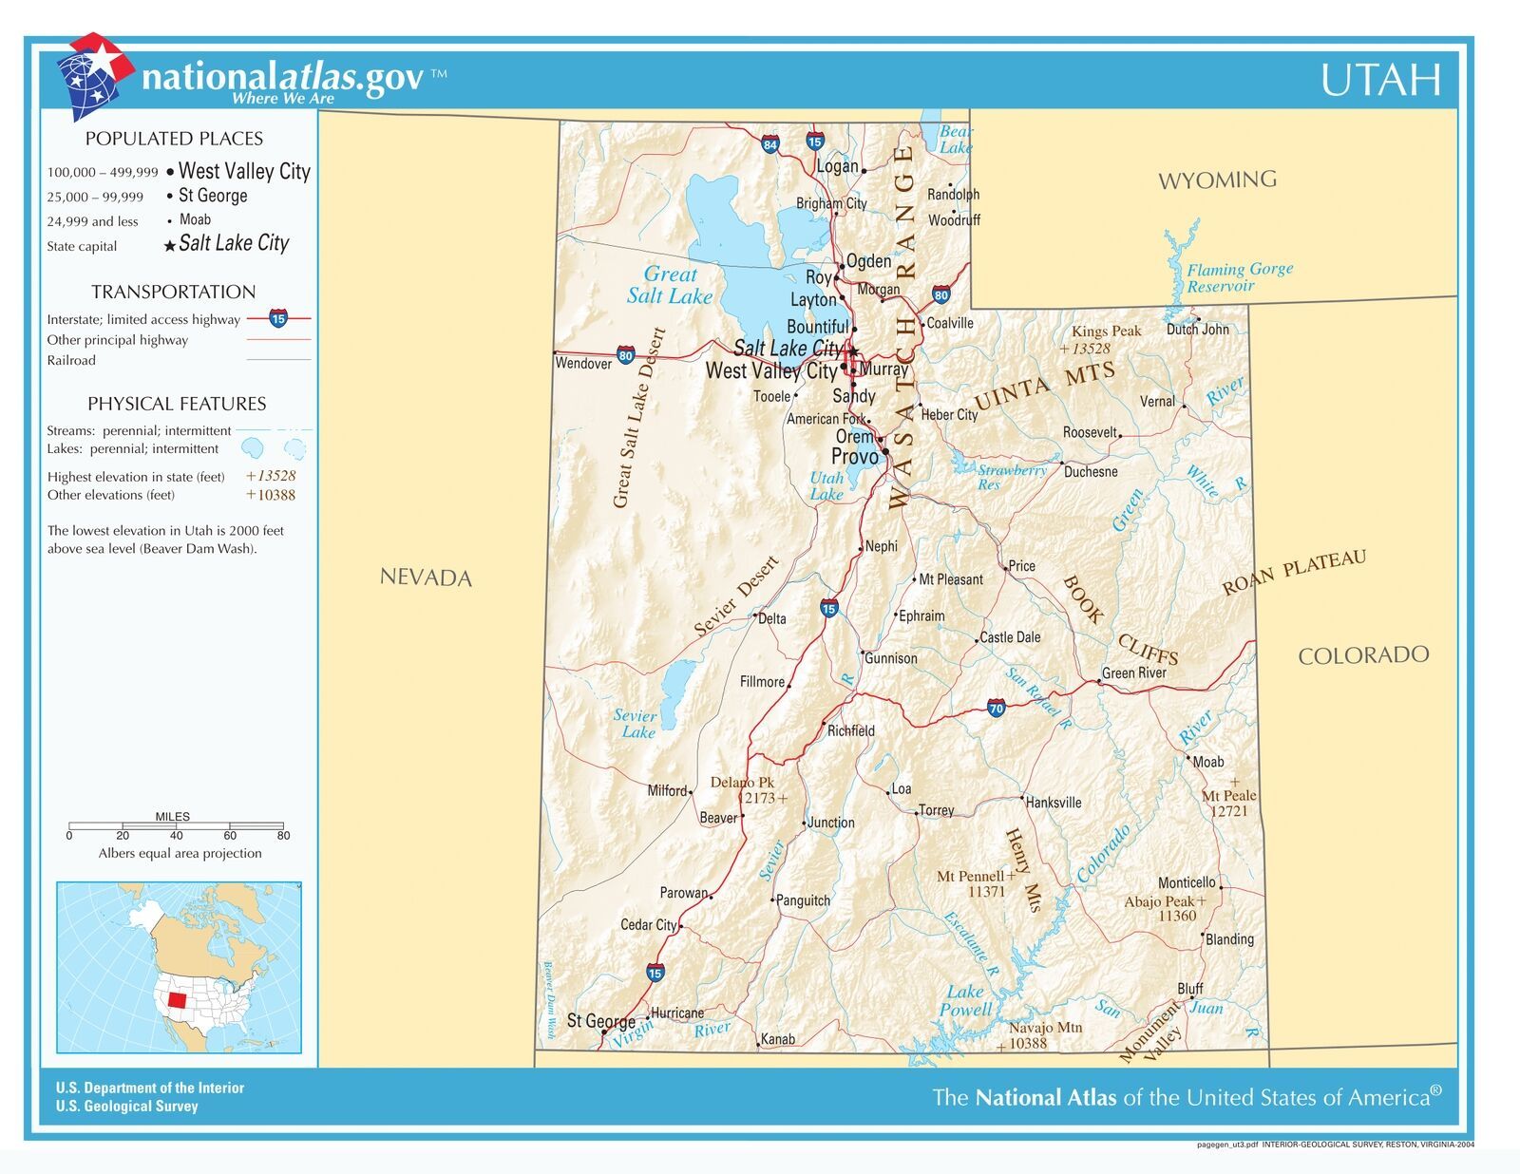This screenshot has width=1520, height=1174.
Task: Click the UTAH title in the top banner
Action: [x=1380, y=80]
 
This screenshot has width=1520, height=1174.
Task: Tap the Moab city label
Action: [x=1208, y=762]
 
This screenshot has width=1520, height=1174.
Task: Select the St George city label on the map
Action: [x=600, y=1021]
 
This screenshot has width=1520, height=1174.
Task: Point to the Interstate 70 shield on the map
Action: [x=996, y=708]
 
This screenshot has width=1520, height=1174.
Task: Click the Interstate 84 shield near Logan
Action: [x=770, y=145]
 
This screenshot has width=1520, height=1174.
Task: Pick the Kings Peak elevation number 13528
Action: [x=1091, y=349]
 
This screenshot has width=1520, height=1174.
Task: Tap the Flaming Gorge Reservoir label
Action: [x=1239, y=277]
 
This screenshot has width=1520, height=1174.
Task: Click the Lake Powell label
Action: [x=965, y=1001]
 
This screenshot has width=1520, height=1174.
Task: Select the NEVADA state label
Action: [x=426, y=578]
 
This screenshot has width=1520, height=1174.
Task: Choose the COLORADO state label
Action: [x=1362, y=654]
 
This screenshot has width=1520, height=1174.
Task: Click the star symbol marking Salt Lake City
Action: [x=853, y=350]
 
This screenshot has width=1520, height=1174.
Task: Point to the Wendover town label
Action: [x=583, y=364]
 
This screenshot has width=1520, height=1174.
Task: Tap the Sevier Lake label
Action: [x=635, y=724]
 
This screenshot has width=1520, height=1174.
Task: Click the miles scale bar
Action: [x=176, y=825]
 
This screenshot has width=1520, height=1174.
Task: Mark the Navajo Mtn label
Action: [x=1045, y=1028]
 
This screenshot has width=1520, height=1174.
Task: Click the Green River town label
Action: [x=1134, y=673]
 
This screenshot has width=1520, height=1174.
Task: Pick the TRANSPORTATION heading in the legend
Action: [x=173, y=292]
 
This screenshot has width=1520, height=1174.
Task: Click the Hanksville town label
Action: [x=1054, y=803]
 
